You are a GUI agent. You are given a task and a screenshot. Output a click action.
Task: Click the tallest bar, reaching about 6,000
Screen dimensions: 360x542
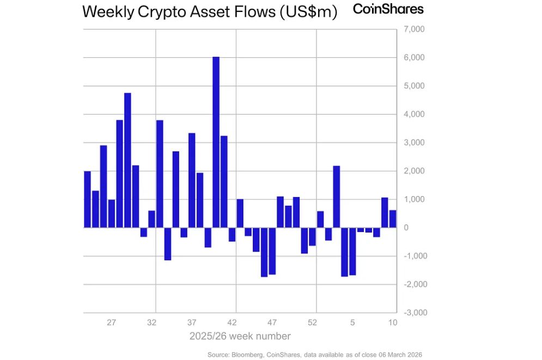[x=216, y=142]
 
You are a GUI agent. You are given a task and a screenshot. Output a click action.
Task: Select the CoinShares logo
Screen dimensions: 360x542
[x=388, y=9]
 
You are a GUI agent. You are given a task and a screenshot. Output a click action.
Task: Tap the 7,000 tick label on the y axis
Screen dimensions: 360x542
[x=413, y=29]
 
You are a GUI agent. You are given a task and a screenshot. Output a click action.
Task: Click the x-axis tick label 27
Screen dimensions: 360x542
[x=112, y=322]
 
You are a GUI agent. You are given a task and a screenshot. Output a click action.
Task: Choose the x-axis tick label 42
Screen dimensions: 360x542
[x=232, y=322]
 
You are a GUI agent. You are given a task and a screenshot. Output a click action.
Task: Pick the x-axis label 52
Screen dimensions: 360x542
[x=312, y=322]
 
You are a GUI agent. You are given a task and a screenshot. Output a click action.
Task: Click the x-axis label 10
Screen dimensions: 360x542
[x=392, y=322]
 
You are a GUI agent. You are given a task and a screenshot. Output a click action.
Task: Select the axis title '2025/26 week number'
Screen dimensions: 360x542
[x=240, y=336]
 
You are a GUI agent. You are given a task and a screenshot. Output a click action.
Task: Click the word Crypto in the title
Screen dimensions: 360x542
[x=159, y=12]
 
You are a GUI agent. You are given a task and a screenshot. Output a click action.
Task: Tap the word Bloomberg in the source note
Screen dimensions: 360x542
[x=244, y=355]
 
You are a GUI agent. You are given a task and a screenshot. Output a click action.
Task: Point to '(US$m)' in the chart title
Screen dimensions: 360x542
[x=308, y=12]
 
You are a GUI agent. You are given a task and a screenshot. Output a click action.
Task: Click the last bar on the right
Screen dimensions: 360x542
[x=393, y=218]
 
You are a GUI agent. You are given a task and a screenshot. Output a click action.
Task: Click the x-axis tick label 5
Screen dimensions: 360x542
[x=352, y=322]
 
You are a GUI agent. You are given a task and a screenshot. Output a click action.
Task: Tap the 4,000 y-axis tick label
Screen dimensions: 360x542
[x=413, y=114]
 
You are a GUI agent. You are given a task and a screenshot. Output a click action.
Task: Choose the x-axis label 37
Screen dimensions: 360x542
[x=192, y=322]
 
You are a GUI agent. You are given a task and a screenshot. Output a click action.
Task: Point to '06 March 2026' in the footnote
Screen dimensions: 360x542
[x=400, y=355]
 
